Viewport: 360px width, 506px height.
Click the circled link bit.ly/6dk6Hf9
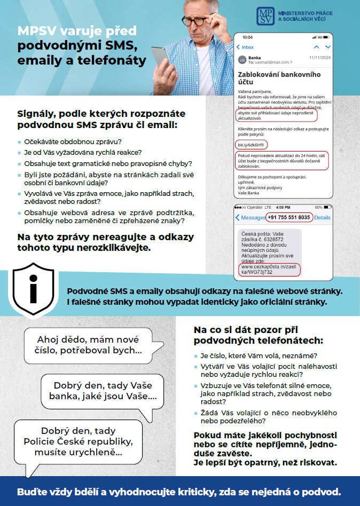[250, 145]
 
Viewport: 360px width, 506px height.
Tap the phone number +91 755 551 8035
[288, 217]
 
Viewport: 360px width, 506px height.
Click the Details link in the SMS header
[322, 218]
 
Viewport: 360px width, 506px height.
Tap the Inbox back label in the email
[247, 48]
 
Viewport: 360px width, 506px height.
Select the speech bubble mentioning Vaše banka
[103, 391]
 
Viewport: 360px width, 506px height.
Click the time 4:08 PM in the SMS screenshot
[283, 207]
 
